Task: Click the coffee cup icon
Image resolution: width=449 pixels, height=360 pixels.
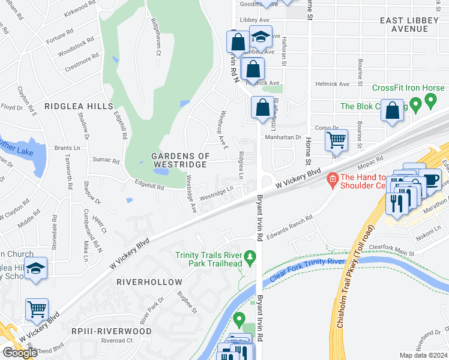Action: pos(430,180)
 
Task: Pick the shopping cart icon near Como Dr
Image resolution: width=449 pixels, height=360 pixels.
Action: pos(336,141)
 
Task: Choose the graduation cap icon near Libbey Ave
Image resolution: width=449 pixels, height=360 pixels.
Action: pos(261,37)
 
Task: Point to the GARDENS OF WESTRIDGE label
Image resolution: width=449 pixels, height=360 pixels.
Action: pos(180,160)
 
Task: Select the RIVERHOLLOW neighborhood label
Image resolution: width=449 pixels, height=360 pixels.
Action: pos(149,282)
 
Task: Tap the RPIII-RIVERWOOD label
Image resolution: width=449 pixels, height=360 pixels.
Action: pos(112,331)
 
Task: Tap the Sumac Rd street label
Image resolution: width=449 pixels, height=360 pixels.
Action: pos(106,160)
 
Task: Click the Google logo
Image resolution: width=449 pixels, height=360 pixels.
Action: pos(20,353)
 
